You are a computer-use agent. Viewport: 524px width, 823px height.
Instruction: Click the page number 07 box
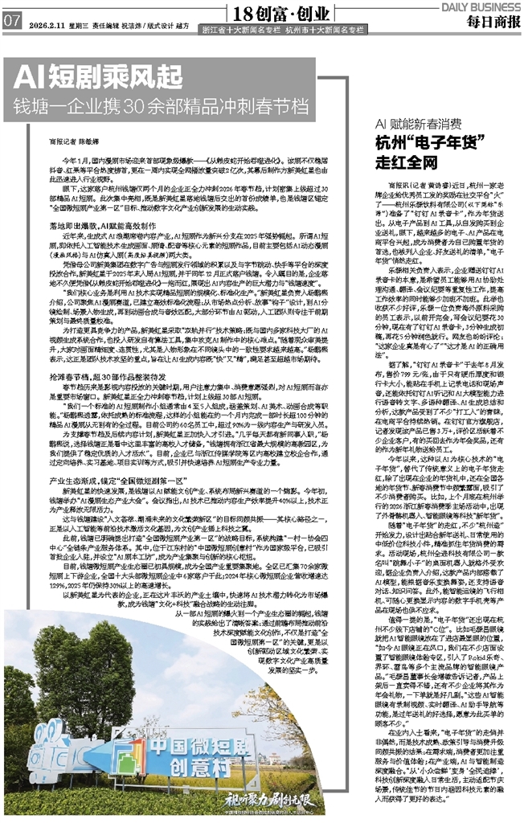click(12, 22)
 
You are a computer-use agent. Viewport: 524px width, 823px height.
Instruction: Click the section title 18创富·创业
click(278, 14)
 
